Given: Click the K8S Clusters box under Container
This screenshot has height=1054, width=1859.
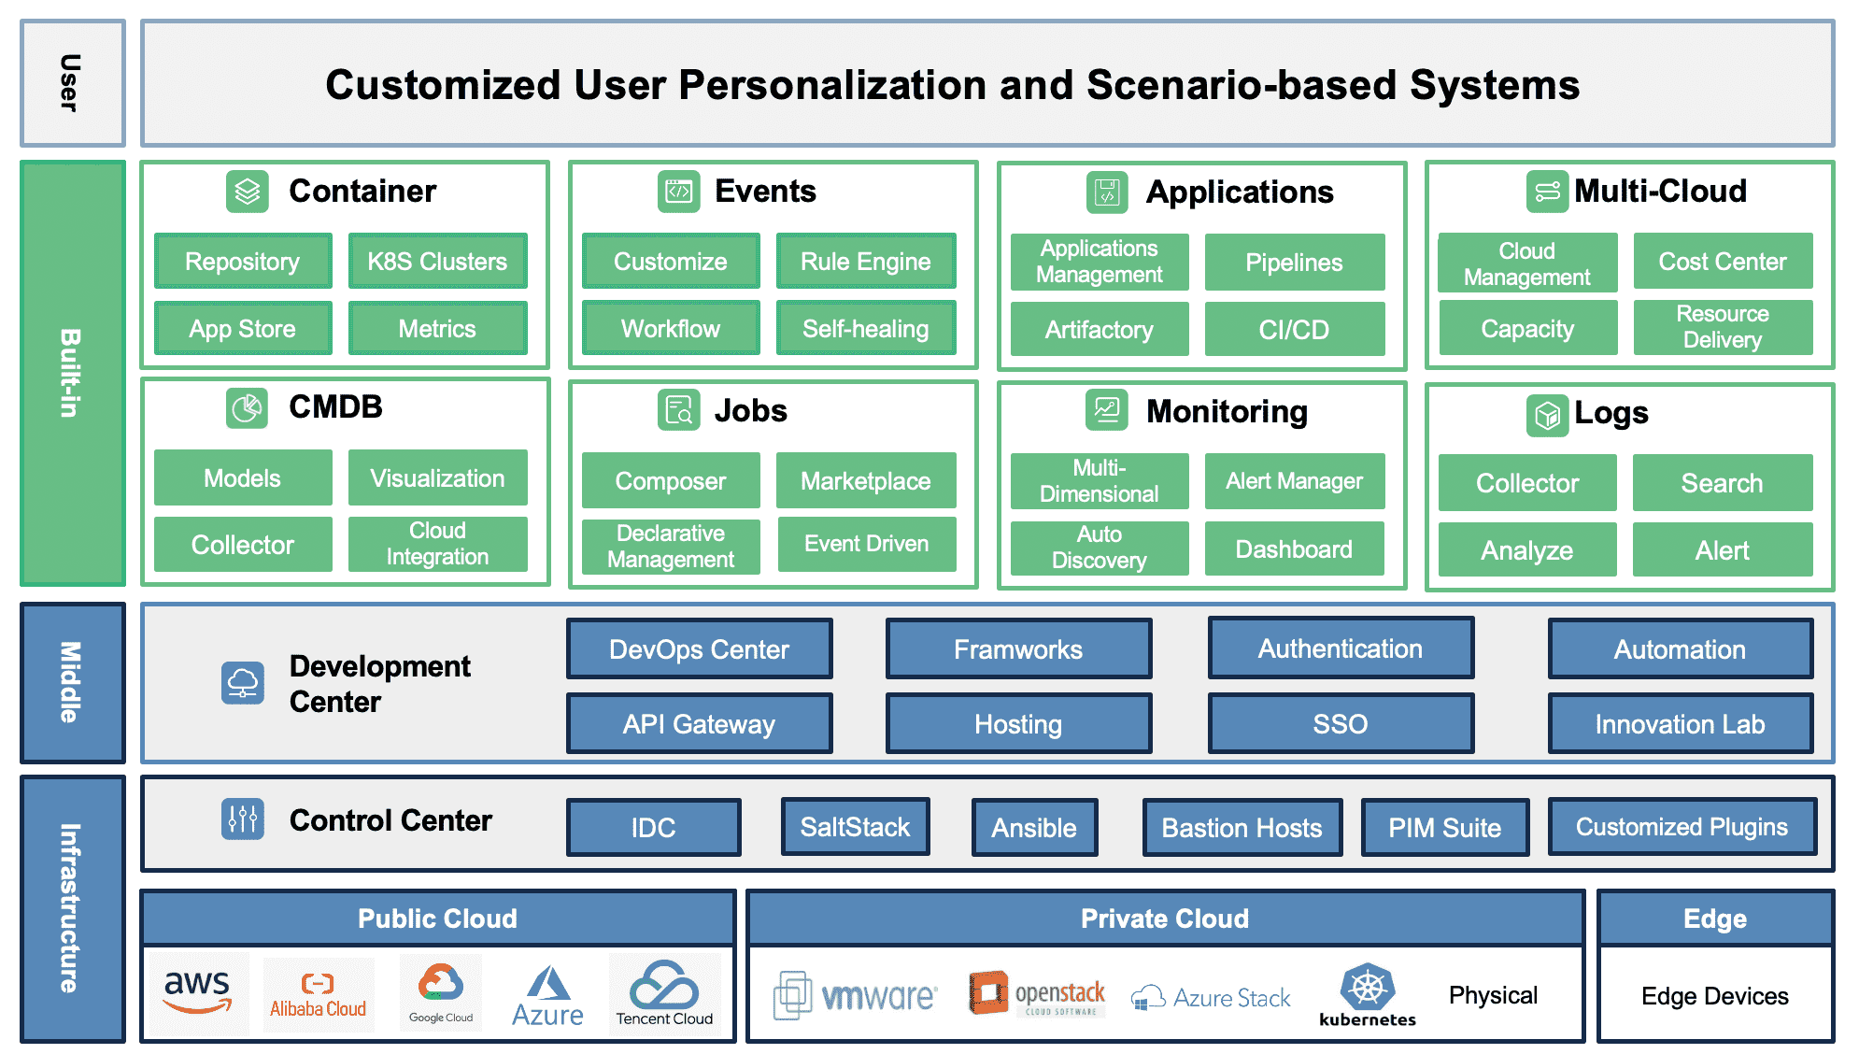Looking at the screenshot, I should click(437, 262).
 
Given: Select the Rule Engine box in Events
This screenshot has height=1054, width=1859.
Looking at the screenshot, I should click(865, 262).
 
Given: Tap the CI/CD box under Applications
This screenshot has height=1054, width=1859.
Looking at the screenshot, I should click(1294, 330).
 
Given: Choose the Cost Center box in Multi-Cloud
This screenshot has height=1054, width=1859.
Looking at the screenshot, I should click(1722, 262).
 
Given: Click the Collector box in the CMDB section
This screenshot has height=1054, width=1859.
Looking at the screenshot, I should click(243, 545).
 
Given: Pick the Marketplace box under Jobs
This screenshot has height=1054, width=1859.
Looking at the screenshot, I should click(865, 481).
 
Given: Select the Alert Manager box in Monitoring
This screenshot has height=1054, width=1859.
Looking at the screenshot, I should click(1294, 481).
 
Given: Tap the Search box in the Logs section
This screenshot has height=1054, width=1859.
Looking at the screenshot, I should click(1722, 483).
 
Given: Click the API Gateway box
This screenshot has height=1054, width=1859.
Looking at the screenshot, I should click(699, 724).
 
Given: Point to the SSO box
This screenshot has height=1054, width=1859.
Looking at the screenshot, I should click(1340, 724).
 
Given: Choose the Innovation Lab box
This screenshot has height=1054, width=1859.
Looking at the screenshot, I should click(1680, 724).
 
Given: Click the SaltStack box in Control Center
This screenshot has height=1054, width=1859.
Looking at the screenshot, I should click(855, 827).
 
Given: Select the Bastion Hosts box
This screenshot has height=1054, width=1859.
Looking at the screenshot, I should click(1242, 828).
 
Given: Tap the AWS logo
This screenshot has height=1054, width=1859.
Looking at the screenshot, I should click(197, 992).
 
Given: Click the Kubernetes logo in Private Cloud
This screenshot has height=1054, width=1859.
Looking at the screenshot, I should click(1368, 994).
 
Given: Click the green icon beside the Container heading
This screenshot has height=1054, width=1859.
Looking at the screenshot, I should click(248, 192).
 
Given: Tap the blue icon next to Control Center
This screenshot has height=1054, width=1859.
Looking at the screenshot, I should click(243, 819).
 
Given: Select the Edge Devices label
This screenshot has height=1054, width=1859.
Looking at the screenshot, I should click(1714, 996).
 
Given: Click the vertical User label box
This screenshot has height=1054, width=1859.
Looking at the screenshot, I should click(72, 83).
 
